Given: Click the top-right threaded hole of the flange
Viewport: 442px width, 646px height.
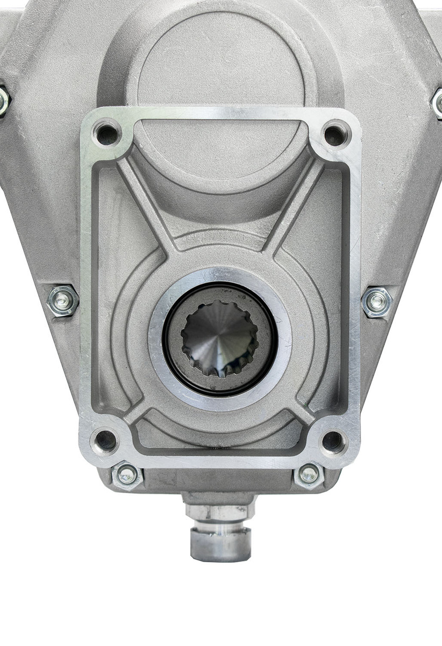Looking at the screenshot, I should tap(335, 135).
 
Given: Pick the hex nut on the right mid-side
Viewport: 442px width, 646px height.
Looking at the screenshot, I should tap(377, 302).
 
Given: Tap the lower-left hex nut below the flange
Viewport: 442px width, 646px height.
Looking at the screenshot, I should tap(127, 474).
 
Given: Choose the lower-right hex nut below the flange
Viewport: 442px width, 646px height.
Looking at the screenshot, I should tap(309, 474).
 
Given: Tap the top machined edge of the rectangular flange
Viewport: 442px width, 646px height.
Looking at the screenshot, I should tap(220, 114).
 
